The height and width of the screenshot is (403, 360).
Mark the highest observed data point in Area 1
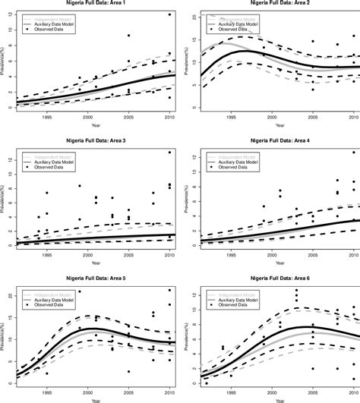click(169, 14)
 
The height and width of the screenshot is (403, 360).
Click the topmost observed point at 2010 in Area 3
click(169, 153)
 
